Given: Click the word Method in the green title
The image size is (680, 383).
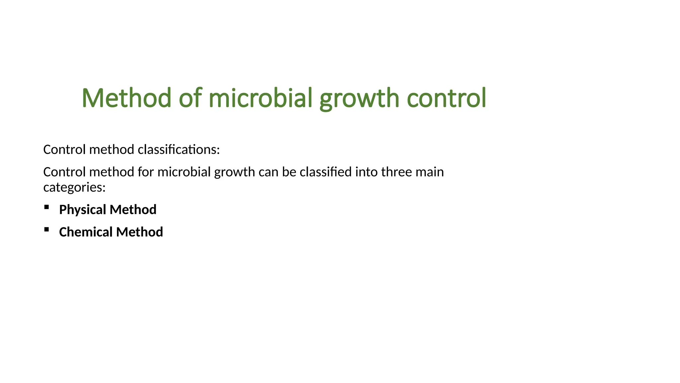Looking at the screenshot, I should click(127, 98).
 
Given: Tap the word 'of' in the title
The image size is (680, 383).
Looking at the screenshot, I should click(190, 98).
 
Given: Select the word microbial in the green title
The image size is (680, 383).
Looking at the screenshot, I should click(261, 98).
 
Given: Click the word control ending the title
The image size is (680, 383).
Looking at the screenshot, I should click(446, 98).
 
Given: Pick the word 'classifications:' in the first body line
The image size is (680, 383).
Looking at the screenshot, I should click(179, 150).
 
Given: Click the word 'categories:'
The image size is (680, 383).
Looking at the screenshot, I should click(74, 188).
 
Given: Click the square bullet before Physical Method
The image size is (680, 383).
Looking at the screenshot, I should click(46, 207).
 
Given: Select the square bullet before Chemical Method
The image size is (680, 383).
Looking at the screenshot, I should click(46, 229).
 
